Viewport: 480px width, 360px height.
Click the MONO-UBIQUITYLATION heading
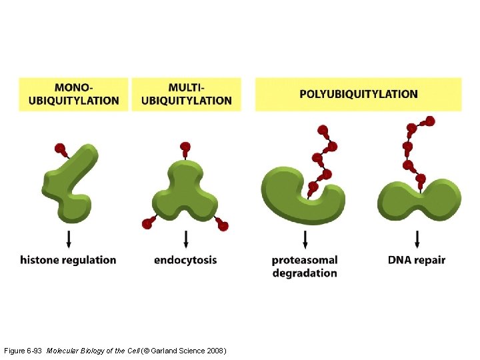pyautogui.click(x=73, y=94)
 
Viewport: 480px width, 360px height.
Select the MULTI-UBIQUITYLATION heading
pyautogui.click(x=187, y=94)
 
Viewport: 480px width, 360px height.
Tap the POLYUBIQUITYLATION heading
pyautogui.click(x=358, y=94)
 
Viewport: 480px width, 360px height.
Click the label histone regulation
pyautogui.click(x=68, y=260)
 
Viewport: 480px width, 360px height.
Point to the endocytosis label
pyautogui.click(x=185, y=260)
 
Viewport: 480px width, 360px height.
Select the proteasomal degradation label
pyautogui.click(x=305, y=267)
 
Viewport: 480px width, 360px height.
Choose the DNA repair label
pyautogui.click(x=417, y=260)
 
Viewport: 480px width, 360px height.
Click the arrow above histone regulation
pyautogui.click(x=69, y=239)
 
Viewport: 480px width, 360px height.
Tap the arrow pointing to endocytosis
pyautogui.click(x=185, y=239)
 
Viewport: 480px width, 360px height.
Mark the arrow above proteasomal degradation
pyautogui.click(x=305, y=239)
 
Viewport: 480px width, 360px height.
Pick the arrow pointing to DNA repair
pyautogui.click(x=417, y=239)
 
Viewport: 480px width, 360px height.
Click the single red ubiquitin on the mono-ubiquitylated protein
pyautogui.click(x=60, y=148)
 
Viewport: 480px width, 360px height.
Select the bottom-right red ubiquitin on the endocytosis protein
pyautogui.click(x=223, y=226)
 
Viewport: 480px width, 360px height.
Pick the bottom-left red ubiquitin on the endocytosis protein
pyautogui.click(x=147, y=224)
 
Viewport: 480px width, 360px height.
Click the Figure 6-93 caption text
pyautogui.click(x=115, y=350)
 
